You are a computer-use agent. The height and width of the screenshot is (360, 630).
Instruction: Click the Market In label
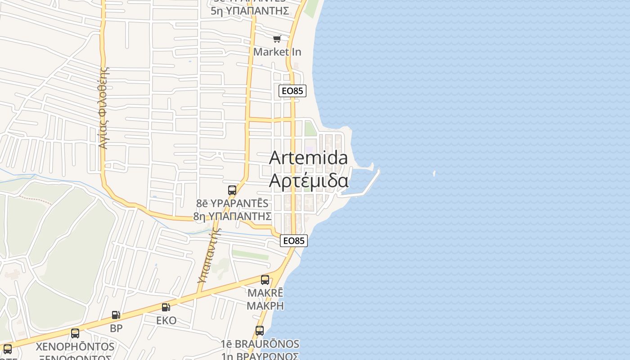pyautogui.click(x=277, y=52)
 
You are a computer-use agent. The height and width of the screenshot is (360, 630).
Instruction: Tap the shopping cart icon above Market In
pyautogui.click(x=277, y=39)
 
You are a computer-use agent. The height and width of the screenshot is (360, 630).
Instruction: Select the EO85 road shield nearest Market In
pyautogui.click(x=292, y=91)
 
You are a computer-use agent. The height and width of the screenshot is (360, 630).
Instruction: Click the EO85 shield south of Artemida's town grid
pyautogui.click(x=294, y=241)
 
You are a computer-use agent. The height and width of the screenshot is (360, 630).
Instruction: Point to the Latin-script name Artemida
pyautogui.click(x=308, y=158)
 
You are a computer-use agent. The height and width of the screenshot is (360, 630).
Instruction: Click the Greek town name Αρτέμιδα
pyautogui.click(x=308, y=180)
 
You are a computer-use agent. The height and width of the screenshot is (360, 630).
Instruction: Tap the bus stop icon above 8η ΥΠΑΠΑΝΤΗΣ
pyautogui.click(x=232, y=190)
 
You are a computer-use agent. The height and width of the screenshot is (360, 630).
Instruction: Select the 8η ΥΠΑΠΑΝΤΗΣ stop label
pyautogui.click(x=232, y=216)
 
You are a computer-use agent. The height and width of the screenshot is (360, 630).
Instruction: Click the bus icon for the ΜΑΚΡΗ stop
pyautogui.click(x=265, y=280)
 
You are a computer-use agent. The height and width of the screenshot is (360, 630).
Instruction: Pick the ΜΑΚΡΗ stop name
pyautogui.click(x=265, y=306)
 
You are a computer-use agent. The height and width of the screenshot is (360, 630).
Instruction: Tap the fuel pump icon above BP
pyautogui.click(x=116, y=315)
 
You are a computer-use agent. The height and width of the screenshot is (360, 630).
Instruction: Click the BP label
pyautogui.click(x=116, y=328)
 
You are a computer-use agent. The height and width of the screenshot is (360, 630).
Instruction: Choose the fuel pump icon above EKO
pyautogui.click(x=166, y=307)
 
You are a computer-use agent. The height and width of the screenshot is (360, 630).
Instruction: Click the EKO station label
pyautogui.click(x=166, y=320)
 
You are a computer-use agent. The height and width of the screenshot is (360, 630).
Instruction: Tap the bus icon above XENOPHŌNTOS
pyautogui.click(x=75, y=333)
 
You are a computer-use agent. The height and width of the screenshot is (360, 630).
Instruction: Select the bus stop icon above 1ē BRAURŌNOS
pyautogui.click(x=260, y=331)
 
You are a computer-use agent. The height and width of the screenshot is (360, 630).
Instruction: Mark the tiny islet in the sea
pyautogui.click(x=434, y=173)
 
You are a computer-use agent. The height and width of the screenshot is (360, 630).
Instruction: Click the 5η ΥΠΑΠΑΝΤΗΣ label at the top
pyautogui.click(x=250, y=11)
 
